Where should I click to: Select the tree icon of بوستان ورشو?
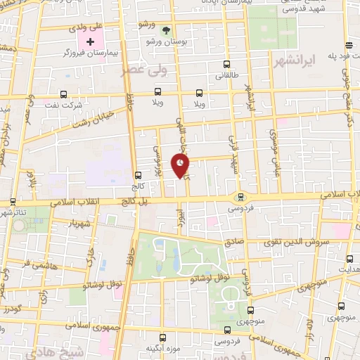click(x=166, y=30)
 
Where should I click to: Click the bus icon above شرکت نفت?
click(x=64, y=94)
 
